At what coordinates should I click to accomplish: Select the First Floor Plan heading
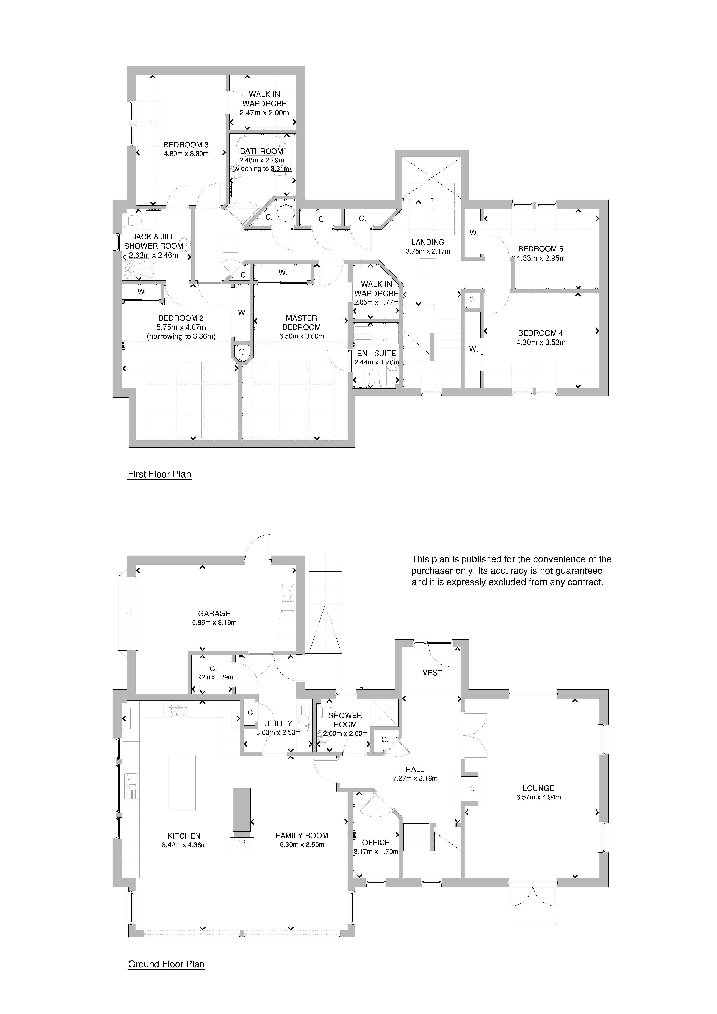(x=159, y=474)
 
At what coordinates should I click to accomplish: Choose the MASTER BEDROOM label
(x=301, y=322)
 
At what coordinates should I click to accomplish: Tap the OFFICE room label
(x=376, y=843)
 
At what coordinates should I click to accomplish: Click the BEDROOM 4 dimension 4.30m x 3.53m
(x=541, y=342)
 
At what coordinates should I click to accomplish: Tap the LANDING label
(x=428, y=242)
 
